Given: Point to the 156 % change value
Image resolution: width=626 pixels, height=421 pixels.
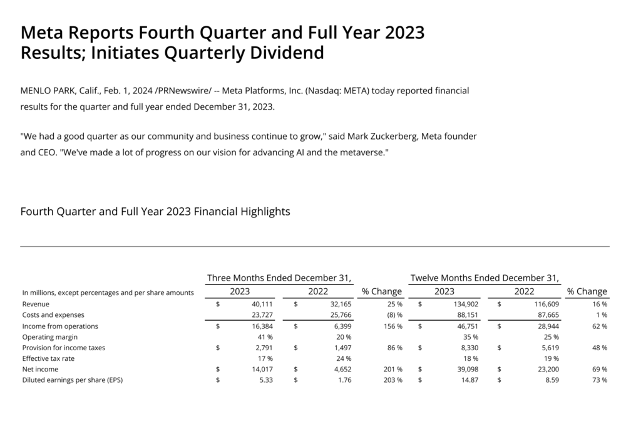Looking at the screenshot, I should coord(391,326).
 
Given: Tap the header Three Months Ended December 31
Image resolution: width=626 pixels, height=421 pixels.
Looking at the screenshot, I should coord(279,278).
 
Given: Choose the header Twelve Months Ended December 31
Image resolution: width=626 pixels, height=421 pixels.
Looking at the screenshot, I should coord(485,278).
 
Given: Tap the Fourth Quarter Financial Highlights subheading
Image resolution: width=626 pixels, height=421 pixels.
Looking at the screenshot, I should coord(155,212).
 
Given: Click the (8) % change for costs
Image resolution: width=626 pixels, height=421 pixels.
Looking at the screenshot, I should coord(392,315).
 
